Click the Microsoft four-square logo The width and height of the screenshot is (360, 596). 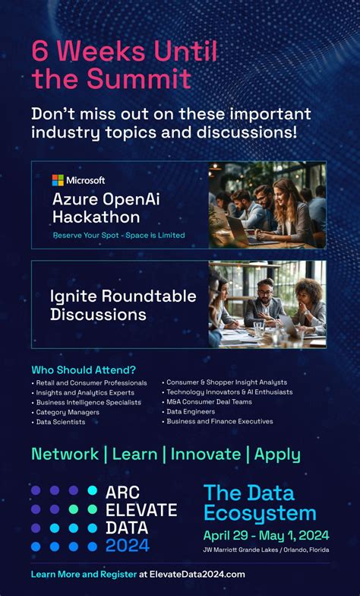(58, 180)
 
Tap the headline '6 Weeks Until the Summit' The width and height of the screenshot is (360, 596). (125, 65)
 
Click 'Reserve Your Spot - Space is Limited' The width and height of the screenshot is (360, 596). (118, 235)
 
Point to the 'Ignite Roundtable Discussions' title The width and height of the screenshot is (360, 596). (123, 304)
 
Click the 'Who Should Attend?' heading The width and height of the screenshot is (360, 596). (84, 369)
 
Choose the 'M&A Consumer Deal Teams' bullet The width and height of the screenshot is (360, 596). (208, 401)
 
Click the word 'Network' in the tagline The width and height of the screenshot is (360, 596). (65, 455)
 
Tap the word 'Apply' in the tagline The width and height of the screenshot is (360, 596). (277, 455)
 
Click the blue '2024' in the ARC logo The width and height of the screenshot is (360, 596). (128, 544)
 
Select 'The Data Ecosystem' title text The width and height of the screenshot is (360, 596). (260, 502)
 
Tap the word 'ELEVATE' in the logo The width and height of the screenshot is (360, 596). (141, 509)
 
